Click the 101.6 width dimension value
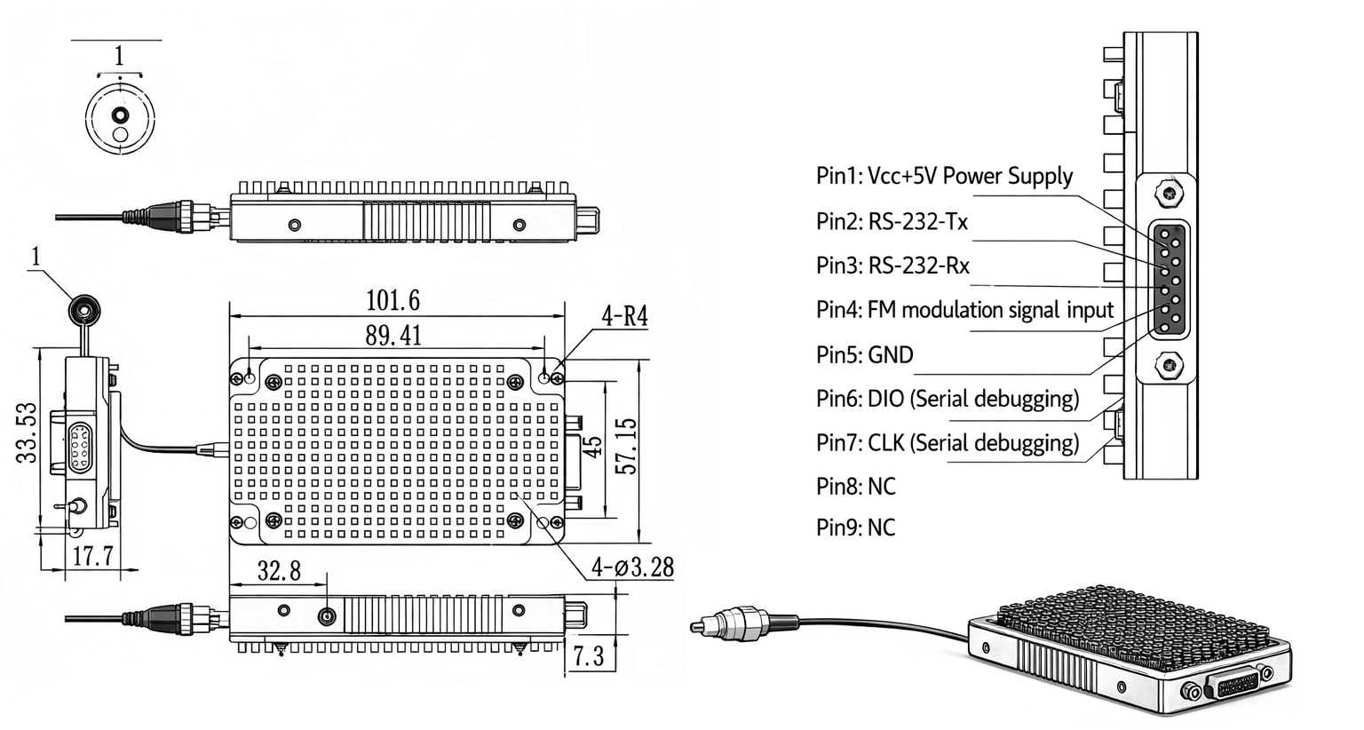pos(393,300)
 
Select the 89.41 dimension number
pos(393,336)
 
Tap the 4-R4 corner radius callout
pos(624,315)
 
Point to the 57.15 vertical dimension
pos(626,446)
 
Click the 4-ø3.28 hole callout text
pos(632,567)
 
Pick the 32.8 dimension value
pos(279,570)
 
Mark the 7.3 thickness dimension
pos(588,656)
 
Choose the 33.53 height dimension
pos(28,432)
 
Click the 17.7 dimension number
pos(92,556)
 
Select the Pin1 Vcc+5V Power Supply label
pos(944,176)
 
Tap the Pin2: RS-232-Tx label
pos(892,221)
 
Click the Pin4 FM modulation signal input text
pos(964,310)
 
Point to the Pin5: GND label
pos(864,355)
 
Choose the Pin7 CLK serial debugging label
pos(948,442)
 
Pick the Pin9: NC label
pos(855,528)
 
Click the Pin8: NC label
pos(855,486)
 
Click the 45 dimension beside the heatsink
pos(592,445)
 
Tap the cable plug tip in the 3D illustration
pos(699,626)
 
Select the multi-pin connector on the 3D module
pos(1235,684)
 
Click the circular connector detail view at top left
pos(120,118)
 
